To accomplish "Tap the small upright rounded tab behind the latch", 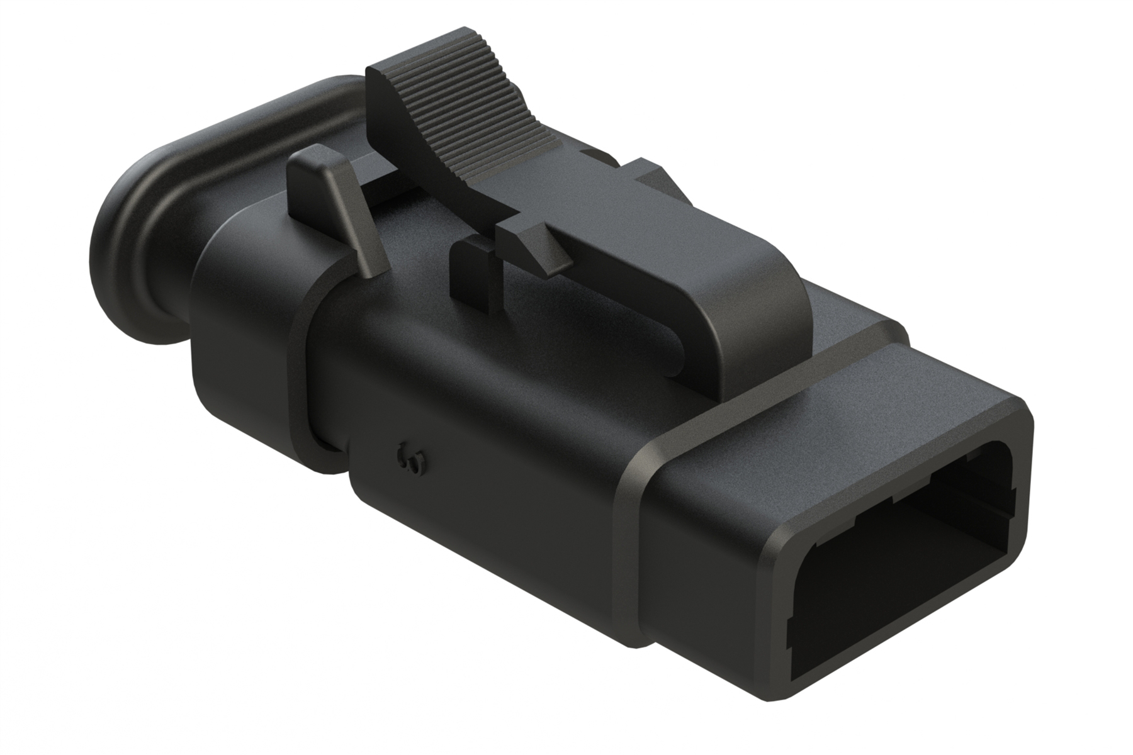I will click(x=340, y=201).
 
